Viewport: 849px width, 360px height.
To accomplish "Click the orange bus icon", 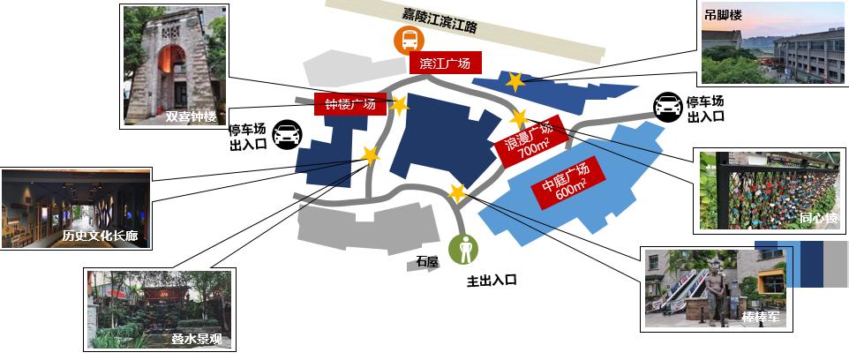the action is [409, 40].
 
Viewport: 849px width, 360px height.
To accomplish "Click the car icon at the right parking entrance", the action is [666, 107].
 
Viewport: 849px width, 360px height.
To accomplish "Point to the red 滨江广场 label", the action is [446, 63].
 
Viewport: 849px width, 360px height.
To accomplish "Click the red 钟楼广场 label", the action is [350, 104].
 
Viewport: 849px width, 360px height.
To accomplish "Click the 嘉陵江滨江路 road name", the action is [440, 19].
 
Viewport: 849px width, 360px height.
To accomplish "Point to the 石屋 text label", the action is [427, 261].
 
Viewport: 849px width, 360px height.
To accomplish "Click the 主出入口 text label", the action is [492, 281].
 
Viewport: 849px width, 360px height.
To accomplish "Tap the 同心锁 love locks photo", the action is [768, 191].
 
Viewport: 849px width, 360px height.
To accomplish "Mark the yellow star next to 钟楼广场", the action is [400, 106].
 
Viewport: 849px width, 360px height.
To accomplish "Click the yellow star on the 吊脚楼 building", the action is [515, 82].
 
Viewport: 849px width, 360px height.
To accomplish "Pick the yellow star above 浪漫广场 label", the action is [518, 117].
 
